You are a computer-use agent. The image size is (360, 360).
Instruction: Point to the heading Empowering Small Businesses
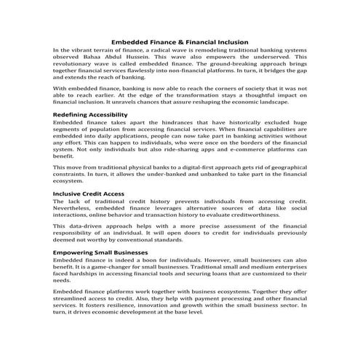(100, 252)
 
